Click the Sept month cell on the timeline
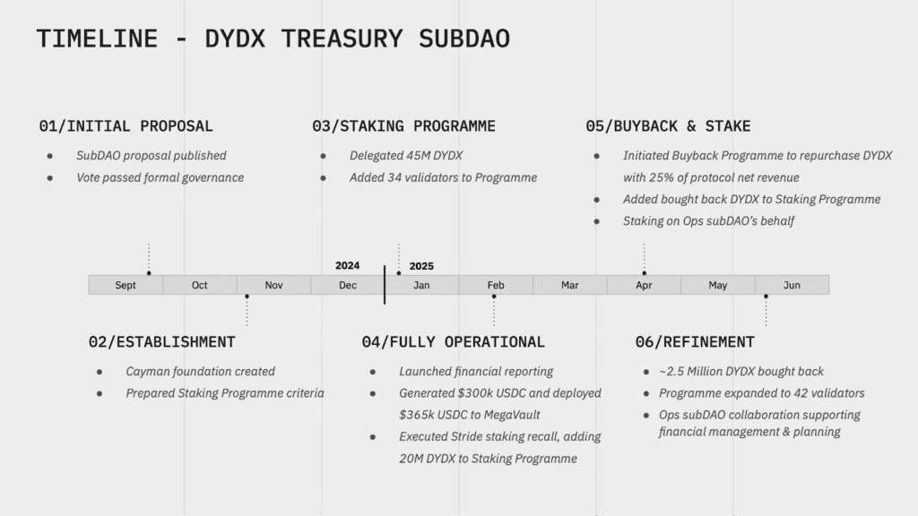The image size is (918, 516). tap(126, 285)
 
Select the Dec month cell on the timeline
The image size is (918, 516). tap(348, 285)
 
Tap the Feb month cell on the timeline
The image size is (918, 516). tap(496, 285)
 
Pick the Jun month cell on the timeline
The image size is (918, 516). tap(792, 285)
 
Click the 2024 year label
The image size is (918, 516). tap(347, 266)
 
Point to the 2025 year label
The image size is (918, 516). tap(421, 266)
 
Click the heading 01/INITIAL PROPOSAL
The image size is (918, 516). tap(126, 126)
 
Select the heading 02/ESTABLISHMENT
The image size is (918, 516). tap(161, 342)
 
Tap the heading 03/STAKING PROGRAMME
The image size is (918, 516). tap(403, 126)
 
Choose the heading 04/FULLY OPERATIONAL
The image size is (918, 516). tap(453, 342)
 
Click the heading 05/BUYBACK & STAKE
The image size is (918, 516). tap(668, 126)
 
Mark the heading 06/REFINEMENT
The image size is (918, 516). tap(694, 342)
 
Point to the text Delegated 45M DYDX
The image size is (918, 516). tap(406, 156)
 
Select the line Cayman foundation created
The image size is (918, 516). tap(200, 371)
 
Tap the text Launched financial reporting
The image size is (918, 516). tap(476, 371)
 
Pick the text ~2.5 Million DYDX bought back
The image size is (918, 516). tap(741, 371)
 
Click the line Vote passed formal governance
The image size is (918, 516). tap(160, 177)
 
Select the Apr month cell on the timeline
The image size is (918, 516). tap(644, 285)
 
